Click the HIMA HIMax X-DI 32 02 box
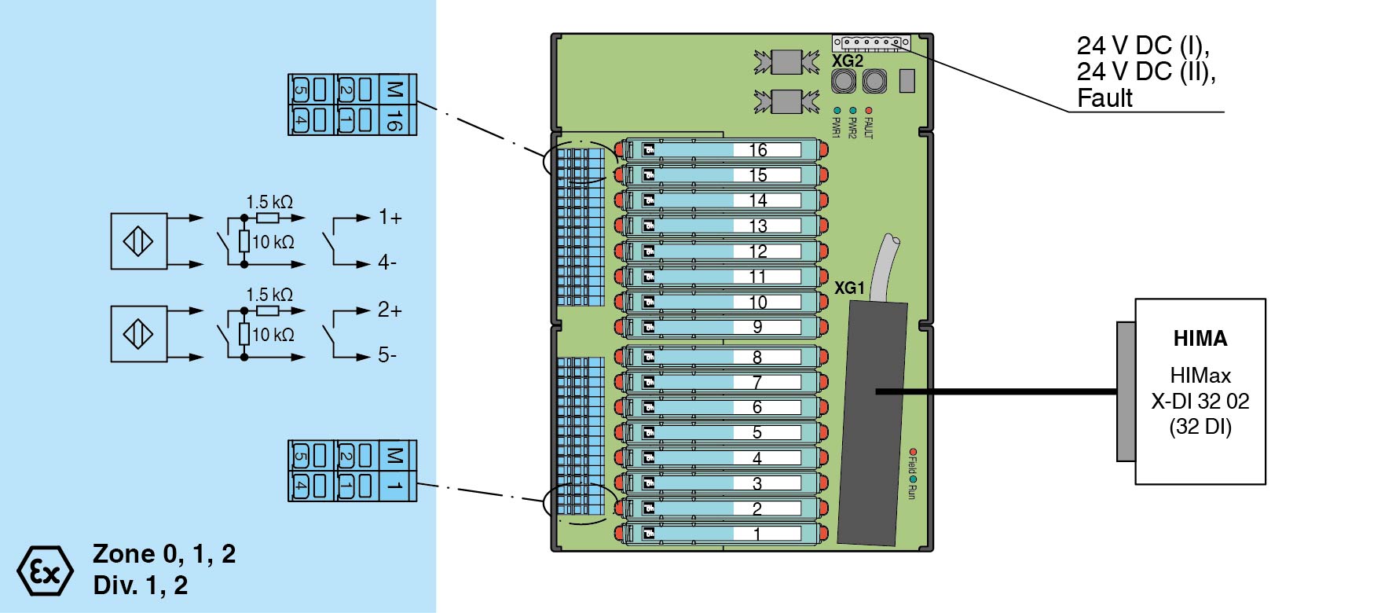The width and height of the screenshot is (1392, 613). point(1200,391)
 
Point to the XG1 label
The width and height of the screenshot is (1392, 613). point(849,288)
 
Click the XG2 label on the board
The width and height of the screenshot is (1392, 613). point(848,61)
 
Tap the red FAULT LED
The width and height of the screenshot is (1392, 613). point(868,111)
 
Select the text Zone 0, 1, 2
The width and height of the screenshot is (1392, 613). point(164,554)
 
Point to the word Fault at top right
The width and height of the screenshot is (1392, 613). point(1104,98)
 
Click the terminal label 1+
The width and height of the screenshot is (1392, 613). point(390,218)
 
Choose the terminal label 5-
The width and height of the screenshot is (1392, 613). point(387,355)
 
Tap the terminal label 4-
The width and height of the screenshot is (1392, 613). point(387,262)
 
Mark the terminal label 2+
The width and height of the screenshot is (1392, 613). point(390,310)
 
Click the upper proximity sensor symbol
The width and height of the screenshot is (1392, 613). point(139,241)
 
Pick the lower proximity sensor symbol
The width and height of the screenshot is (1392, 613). point(139,334)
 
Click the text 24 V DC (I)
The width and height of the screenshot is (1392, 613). point(1143,46)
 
